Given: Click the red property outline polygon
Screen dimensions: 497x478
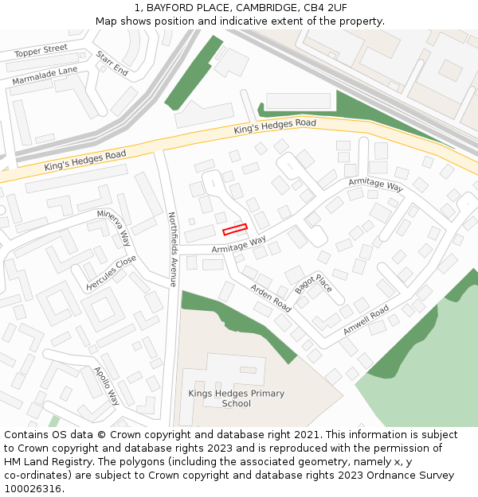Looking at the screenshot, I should tap(235, 229).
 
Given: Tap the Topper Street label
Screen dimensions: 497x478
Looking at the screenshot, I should tap(41, 52).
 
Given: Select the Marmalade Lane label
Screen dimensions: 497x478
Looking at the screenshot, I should tap(45, 76).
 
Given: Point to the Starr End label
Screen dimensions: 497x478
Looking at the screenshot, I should tap(112, 64).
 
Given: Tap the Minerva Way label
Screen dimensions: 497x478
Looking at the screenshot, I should tap(114, 227).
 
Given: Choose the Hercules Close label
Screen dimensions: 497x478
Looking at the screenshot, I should tap(111, 273).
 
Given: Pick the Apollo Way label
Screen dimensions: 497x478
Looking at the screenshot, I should tap(107, 386).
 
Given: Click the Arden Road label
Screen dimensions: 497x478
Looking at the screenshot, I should tap(271, 297).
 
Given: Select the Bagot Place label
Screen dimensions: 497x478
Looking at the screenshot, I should tap(313, 284).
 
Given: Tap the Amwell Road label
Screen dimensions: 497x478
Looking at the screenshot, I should tap(366, 320).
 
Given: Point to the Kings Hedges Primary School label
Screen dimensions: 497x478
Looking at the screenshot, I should tap(236, 398).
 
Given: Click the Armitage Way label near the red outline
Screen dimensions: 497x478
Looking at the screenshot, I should tap(238, 245).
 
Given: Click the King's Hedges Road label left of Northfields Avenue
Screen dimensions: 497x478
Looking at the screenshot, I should tap(85, 161).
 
